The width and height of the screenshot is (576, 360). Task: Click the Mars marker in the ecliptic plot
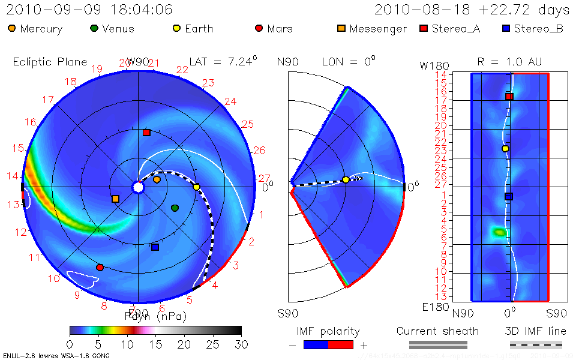[x=100, y=267]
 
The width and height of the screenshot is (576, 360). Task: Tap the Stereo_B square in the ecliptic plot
[x=155, y=247]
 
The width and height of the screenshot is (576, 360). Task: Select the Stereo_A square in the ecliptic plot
[x=146, y=133]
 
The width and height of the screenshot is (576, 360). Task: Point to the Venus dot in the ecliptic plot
[x=175, y=208]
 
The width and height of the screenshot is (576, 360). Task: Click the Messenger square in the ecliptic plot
[x=115, y=199]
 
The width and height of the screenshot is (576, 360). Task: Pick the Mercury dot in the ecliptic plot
[x=157, y=179]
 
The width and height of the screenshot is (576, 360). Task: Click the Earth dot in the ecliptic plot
[x=196, y=187]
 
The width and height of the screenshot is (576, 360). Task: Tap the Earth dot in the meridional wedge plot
[x=346, y=179]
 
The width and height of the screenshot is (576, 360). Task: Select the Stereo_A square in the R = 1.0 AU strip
[x=509, y=97]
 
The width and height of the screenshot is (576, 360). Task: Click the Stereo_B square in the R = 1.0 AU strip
[x=508, y=196]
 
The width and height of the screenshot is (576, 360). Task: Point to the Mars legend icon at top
[x=259, y=28]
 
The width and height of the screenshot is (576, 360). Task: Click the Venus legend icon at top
[x=94, y=28]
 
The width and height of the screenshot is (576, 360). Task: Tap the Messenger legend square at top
[x=341, y=28]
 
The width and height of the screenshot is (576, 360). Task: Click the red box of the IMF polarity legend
[x=341, y=344]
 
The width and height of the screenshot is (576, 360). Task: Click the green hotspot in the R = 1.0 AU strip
[x=499, y=232]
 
